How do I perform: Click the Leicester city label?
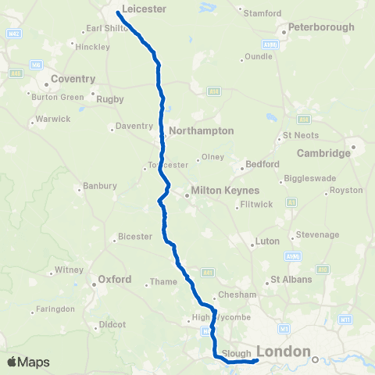(145, 9)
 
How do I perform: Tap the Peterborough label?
(321, 27)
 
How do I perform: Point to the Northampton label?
(202, 130)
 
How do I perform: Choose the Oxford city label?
(114, 278)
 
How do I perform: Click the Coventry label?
(73, 79)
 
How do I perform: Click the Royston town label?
(347, 190)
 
